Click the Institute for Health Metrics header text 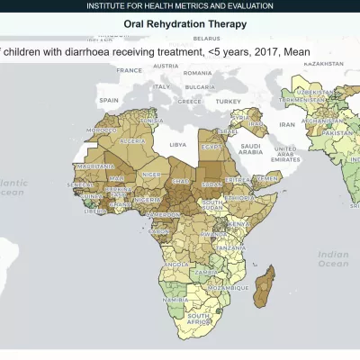pos(180,6)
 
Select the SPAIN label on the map pos(109,100)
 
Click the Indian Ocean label pos(333,259)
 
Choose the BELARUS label pos(206,40)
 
